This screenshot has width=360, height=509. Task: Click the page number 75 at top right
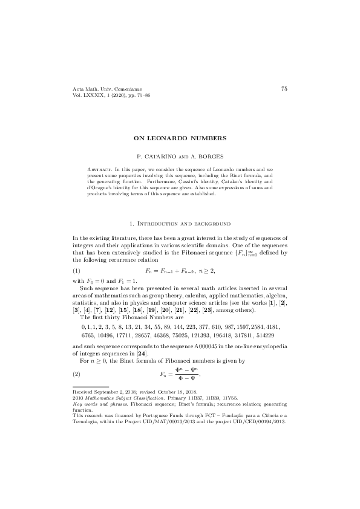[x=284, y=89]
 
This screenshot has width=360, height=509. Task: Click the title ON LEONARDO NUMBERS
[x=180, y=138]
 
